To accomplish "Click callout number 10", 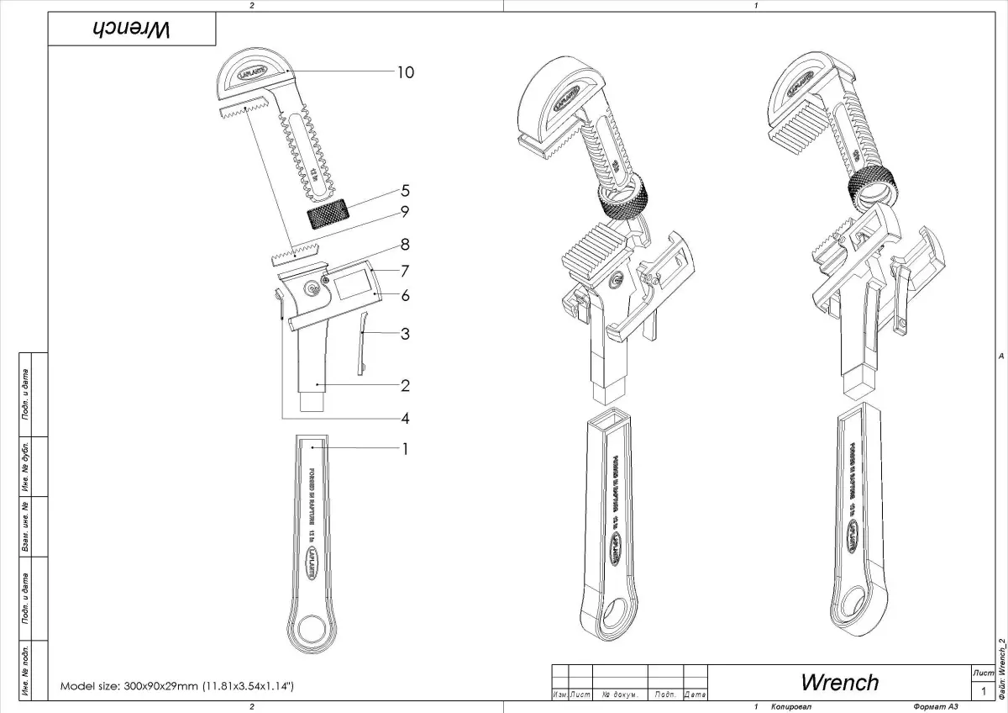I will pos(405,73).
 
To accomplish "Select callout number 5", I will pos(405,190).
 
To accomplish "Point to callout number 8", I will pos(405,246).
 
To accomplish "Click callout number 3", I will pos(405,334).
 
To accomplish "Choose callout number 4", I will pos(405,418).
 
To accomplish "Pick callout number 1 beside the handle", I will pos(405,449).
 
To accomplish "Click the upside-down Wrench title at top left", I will pos(131,29).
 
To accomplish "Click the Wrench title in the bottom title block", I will pos(839,682).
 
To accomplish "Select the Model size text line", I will pos(177,686).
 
